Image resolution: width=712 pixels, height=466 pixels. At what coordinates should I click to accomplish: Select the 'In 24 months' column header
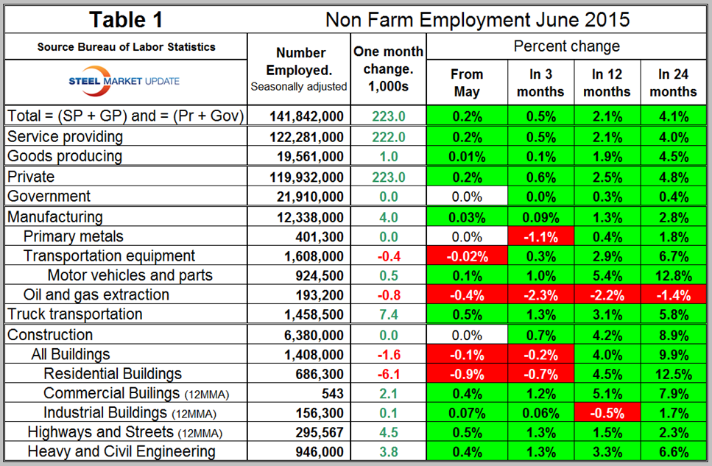[x=673, y=83]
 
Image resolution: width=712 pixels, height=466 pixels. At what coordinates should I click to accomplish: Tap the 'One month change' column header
[x=388, y=69]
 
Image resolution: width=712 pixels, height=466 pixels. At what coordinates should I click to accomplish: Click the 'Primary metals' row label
[x=73, y=236]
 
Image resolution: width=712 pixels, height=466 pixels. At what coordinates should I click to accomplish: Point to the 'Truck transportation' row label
[x=74, y=314]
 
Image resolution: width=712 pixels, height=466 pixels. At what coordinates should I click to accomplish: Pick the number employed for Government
[x=309, y=197]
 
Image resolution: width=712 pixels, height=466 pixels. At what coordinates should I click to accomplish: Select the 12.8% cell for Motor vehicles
[x=673, y=275]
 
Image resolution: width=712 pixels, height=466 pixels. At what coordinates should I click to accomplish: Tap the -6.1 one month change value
[x=388, y=374]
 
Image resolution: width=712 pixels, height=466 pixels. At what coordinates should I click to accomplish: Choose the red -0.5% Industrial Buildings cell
[x=607, y=412]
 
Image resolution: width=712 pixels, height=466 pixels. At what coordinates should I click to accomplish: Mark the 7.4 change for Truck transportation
[x=388, y=314]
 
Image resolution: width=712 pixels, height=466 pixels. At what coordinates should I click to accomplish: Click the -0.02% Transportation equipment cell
[x=467, y=255]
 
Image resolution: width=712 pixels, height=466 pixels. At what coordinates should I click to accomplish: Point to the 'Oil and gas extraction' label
[x=96, y=294]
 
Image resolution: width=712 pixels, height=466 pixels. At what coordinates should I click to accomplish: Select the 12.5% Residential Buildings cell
[x=673, y=374]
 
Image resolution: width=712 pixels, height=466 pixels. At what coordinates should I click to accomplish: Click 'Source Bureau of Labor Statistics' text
[x=127, y=47]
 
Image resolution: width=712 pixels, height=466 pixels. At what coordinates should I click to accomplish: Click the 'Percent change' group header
[x=566, y=46]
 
